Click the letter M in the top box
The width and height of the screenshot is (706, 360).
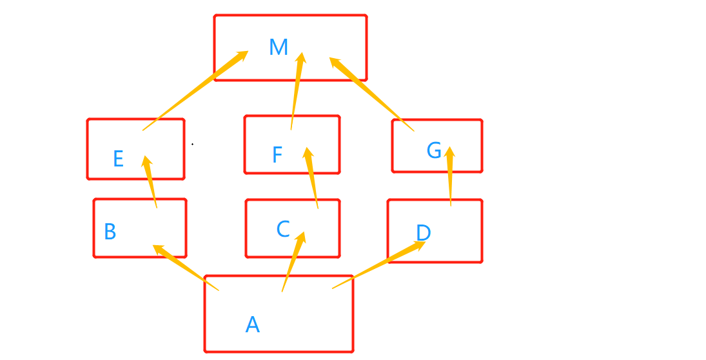pos(279,47)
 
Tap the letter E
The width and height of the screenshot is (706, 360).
pos(118,159)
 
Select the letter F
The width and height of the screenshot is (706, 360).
pos(277,155)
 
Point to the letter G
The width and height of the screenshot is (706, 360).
pos(434,151)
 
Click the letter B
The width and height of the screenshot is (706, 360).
pos(110,232)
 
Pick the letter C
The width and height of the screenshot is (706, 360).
pos(283,229)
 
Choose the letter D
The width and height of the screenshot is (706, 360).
pos(423,232)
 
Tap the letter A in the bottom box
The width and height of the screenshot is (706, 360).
pos(253,325)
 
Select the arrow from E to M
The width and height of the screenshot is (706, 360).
pos(193,92)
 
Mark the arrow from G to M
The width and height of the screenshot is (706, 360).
pos(372,94)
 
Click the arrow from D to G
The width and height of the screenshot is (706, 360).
pos(450,177)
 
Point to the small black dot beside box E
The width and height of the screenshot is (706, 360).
pos(192,145)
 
